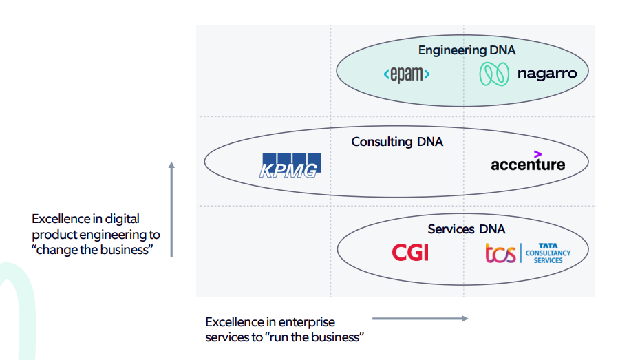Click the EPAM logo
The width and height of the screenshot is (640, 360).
(406, 74)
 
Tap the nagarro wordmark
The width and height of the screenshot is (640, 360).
(547, 74)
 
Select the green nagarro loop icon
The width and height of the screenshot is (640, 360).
(493, 74)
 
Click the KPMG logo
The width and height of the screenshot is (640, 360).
(289, 166)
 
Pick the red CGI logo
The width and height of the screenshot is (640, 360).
(410, 253)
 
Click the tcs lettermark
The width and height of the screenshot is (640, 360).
(500, 253)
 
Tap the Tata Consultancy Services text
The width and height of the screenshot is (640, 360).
(548, 253)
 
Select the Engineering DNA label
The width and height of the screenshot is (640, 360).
(467, 50)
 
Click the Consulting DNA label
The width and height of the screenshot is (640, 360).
(397, 142)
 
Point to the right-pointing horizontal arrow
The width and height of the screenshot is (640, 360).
(420, 318)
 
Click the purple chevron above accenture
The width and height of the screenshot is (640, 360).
(537, 153)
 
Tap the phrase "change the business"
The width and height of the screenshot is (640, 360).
(91, 250)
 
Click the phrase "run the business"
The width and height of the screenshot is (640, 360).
(317, 337)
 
